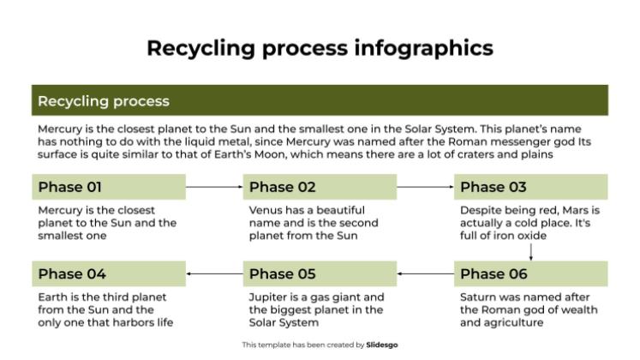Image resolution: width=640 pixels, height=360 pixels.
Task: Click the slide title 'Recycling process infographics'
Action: click(x=320, y=47)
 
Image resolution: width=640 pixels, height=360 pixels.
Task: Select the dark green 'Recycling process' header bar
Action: click(x=320, y=100)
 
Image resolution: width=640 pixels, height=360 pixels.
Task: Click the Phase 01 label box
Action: click(x=109, y=187)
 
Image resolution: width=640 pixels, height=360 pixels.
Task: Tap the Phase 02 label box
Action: click(x=320, y=187)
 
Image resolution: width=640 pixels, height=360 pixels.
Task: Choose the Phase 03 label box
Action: click(x=531, y=187)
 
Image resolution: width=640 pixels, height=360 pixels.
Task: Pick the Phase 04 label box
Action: click(x=109, y=274)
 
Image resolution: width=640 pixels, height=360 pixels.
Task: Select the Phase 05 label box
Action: click(x=320, y=274)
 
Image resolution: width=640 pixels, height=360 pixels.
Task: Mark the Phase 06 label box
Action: click(x=531, y=274)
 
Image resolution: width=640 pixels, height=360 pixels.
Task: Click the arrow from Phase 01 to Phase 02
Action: click(x=214, y=187)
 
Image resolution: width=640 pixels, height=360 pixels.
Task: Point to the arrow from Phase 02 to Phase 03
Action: click(x=425, y=187)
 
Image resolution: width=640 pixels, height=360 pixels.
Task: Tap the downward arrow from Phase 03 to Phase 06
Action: click(x=531, y=252)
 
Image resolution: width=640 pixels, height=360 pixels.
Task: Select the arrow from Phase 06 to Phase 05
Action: click(x=425, y=274)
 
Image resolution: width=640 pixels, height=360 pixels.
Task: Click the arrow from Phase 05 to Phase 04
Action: click(x=214, y=274)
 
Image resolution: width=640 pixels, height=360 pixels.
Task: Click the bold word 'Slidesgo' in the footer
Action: click(x=382, y=345)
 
